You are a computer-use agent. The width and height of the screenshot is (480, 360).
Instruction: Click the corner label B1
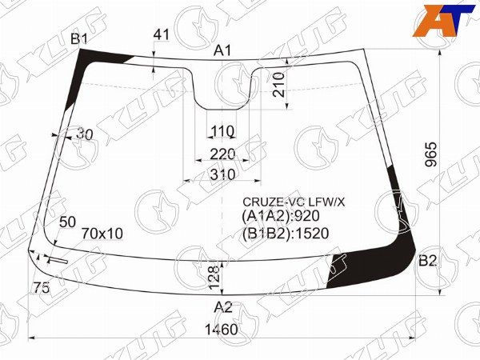[x=79, y=39]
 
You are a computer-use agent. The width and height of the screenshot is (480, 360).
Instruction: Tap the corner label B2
[x=427, y=261]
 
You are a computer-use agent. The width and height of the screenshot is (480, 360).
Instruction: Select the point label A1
[x=223, y=50]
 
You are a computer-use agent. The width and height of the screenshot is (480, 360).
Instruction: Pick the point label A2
[x=223, y=306]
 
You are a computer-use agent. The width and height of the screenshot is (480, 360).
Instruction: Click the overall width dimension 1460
[x=221, y=330]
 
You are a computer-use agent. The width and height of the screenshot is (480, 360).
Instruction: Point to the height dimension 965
[x=431, y=154]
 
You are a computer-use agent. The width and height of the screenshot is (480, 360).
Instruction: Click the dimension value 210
[x=278, y=85]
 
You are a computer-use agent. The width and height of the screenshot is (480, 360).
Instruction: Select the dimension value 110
[x=222, y=132]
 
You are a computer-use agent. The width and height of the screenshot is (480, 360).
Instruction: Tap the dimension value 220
[x=222, y=154]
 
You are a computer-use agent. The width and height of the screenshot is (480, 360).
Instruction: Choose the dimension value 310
[x=222, y=174]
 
